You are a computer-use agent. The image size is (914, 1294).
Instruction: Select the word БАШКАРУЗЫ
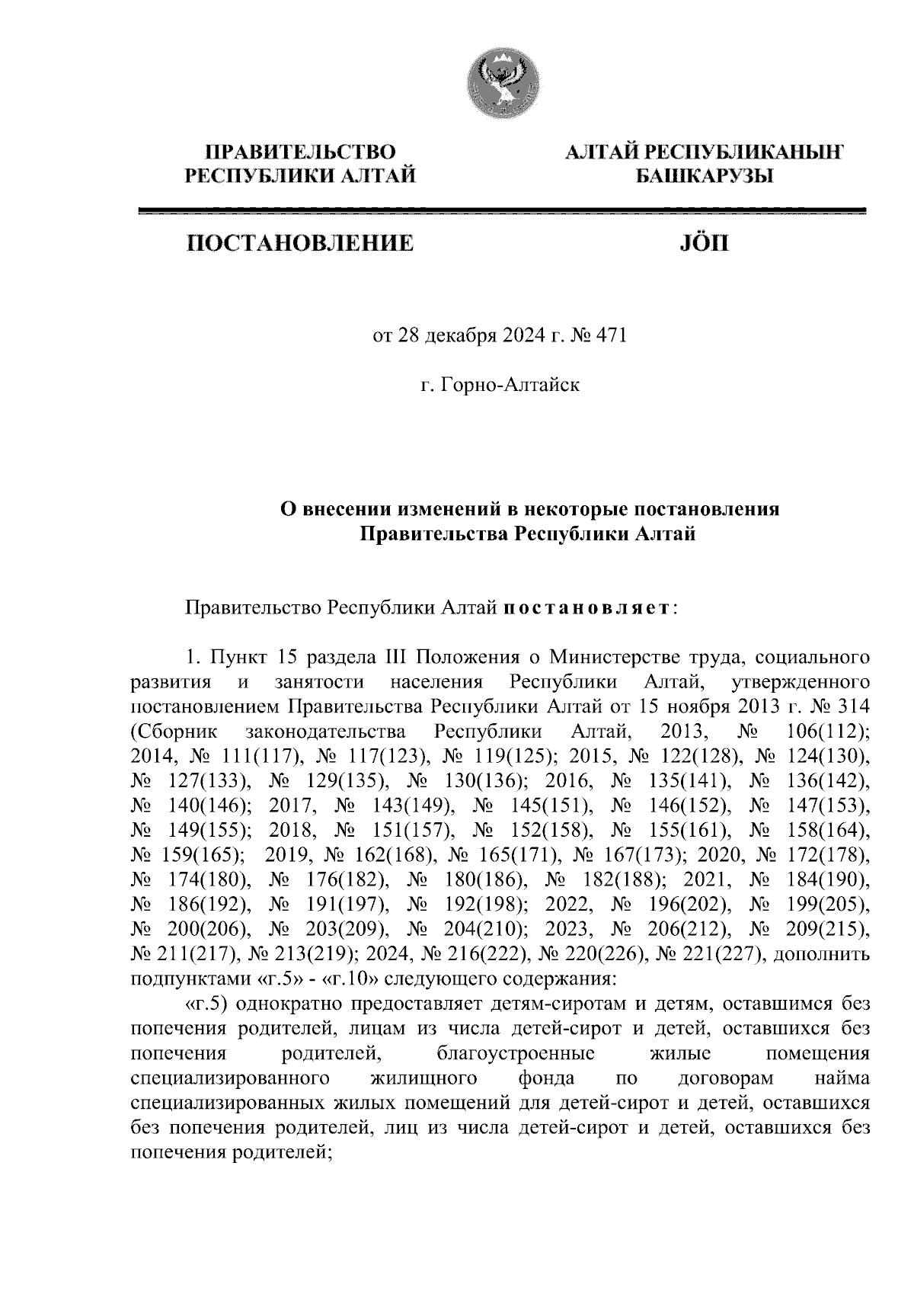(x=705, y=177)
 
